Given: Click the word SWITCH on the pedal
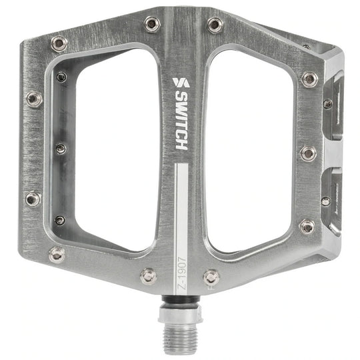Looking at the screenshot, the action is click(181, 120).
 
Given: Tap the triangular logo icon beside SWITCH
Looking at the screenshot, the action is click(181, 83).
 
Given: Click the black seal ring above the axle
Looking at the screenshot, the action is click(180, 299).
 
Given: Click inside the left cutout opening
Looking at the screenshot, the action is click(115, 149).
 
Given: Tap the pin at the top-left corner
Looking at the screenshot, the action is click(59, 43).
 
